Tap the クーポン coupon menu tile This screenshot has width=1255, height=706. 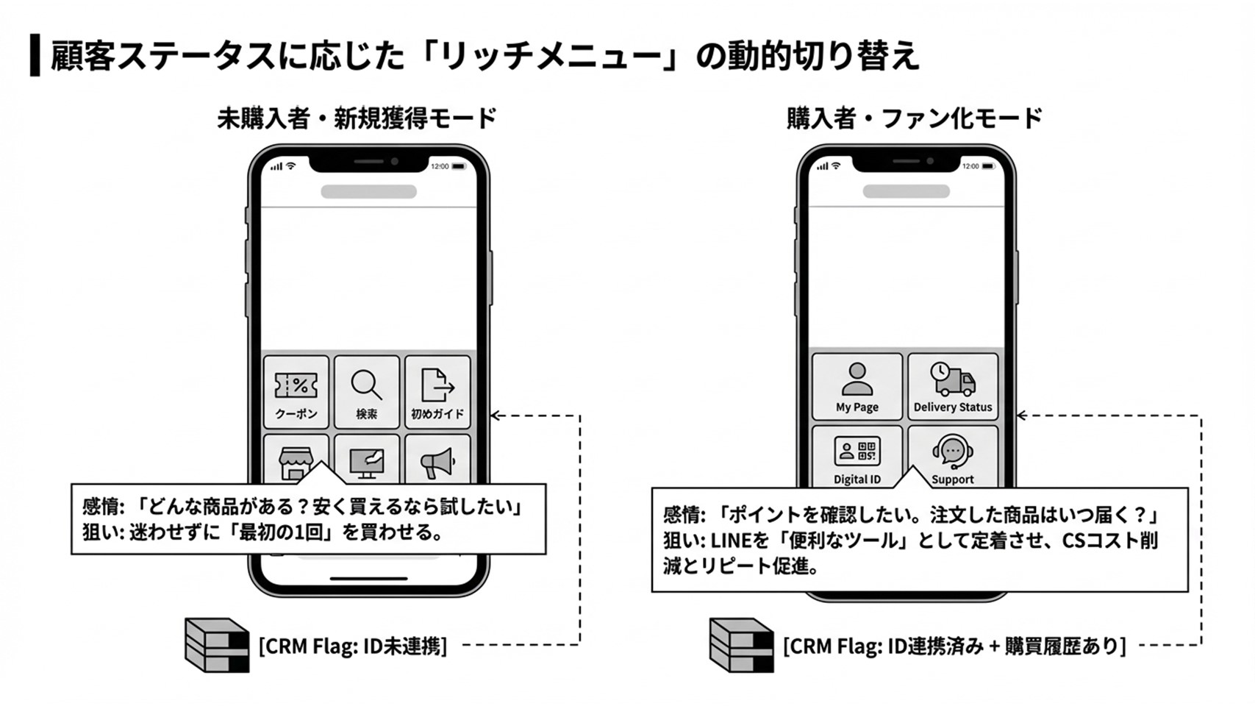(296, 391)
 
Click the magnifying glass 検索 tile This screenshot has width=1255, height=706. (367, 391)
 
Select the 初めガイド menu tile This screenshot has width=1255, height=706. (437, 391)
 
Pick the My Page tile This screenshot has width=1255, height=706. (857, 387)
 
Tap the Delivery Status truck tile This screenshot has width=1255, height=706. (953, 387)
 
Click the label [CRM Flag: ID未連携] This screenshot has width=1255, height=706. (353, 646)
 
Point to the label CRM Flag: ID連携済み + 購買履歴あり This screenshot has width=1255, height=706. (954, 646)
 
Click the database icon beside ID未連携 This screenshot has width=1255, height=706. (217, 645)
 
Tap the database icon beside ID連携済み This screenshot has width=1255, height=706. (741, 645)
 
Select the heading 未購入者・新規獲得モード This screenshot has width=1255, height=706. (357, 118)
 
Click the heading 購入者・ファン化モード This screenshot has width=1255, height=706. (914, 118)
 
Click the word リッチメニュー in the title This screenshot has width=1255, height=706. (548, 57)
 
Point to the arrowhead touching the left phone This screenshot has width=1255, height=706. (495, 416)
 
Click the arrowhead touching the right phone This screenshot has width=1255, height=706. (1021, 416)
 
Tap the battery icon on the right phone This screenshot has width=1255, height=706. (989, 166)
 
